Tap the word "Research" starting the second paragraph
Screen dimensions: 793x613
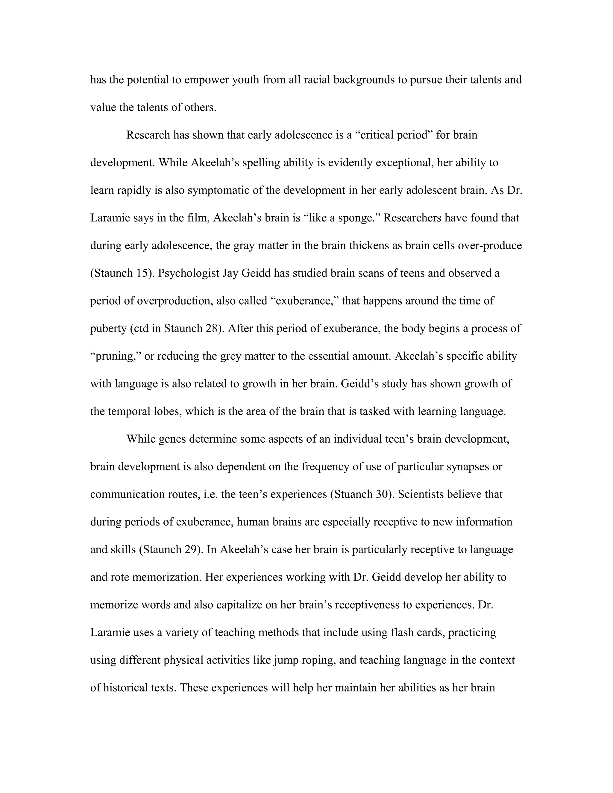tap(148, 135)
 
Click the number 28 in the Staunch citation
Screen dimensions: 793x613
tap(211, 328)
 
